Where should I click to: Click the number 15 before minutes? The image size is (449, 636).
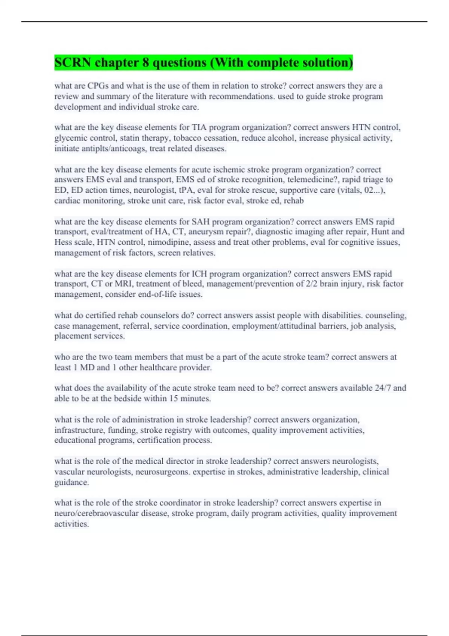click(173, 398)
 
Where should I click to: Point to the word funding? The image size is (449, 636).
click(123, 430)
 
